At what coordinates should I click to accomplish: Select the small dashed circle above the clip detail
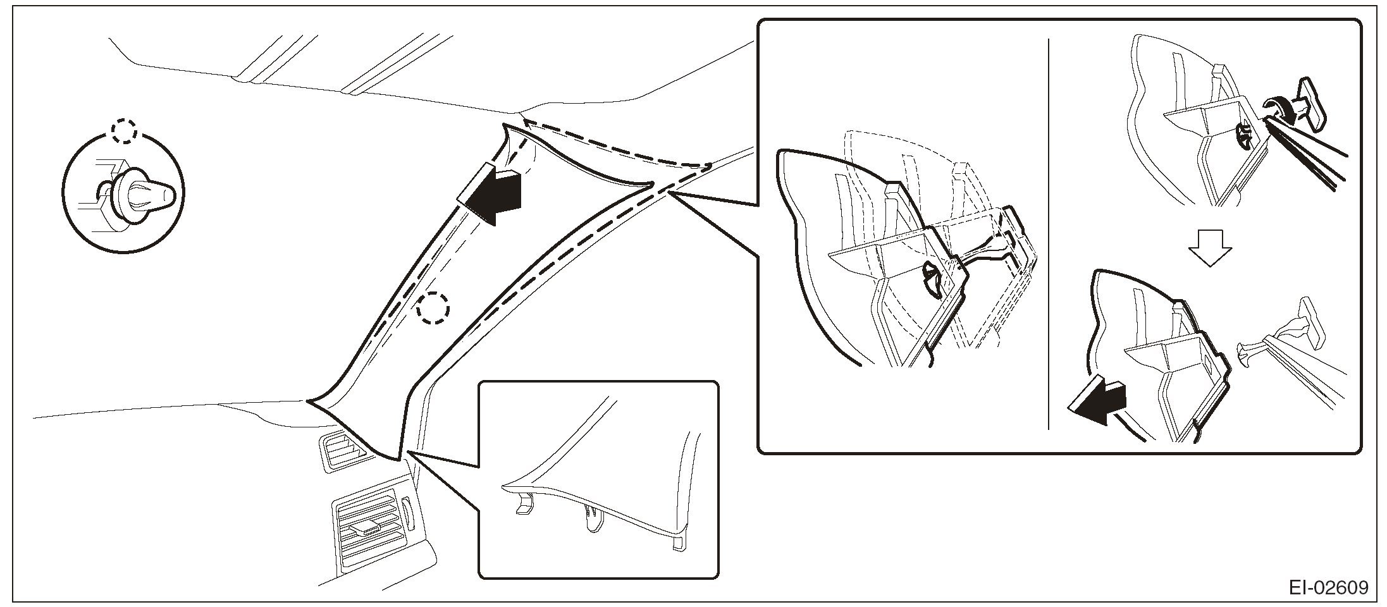click(123, 132)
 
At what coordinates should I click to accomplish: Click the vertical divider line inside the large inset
click(1049, 234)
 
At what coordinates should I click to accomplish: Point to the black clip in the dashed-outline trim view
click(932, 278)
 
